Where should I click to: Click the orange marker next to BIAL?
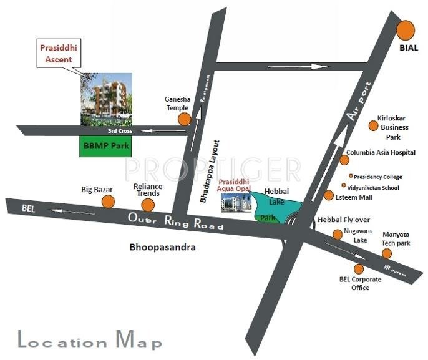(406, 30)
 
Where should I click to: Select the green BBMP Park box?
(105, 147)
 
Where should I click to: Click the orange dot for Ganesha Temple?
(183, 119)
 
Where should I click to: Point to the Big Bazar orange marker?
(109, 201)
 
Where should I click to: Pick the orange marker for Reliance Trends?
(148, 204)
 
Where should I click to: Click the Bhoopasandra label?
(162, 247)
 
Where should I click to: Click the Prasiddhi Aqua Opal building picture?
(236, 202)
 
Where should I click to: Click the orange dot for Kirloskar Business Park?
(372, 125)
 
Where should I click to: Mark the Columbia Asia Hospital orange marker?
(344, 160)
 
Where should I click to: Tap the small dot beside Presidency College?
(351, 176)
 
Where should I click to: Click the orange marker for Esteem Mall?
(329, 195)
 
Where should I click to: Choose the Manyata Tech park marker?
(387, 253)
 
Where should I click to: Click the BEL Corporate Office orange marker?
(359, 269)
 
